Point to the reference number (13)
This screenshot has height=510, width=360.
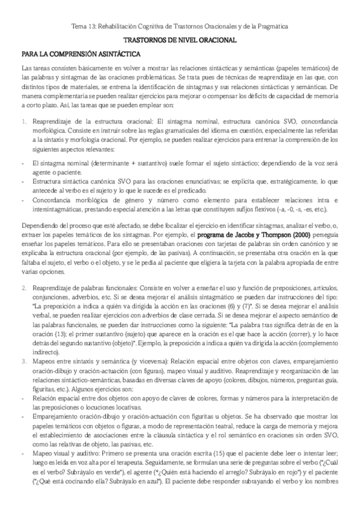click(55, 334)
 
